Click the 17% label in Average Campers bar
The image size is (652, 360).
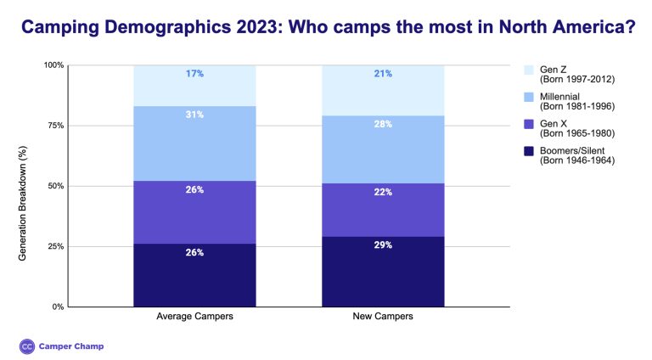point(194,74)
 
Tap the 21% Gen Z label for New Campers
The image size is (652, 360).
point(383,74)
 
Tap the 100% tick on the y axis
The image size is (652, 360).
point(53,65)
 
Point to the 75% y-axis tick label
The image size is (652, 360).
point(54,126)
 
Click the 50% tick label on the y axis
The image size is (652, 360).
point(54,186)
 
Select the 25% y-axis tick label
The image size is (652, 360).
point(54,246)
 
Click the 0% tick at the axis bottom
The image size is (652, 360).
point(57,307)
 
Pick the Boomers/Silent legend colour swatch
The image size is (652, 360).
point(528,151)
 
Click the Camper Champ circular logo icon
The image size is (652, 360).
point(26,346)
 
